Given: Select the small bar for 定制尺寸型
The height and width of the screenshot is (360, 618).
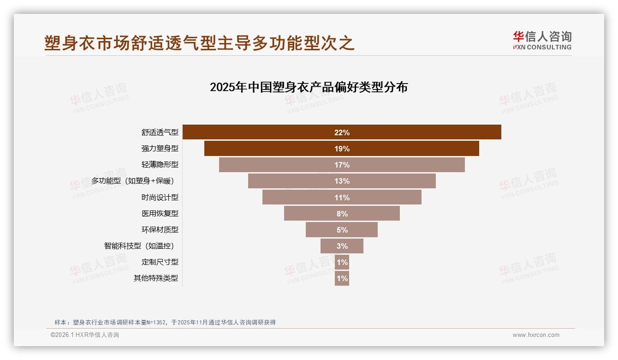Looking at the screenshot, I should [x=342, y=262].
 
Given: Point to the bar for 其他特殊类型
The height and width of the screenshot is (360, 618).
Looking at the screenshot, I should [x=342, y=278].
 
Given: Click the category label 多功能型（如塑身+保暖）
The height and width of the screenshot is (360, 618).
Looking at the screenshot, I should [x=134, y=181].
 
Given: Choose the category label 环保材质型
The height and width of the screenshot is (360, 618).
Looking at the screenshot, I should [x=160, y=230].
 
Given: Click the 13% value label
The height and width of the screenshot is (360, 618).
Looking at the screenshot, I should [x=342, y=181].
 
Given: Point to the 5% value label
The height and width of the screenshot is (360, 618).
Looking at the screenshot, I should [x=342, y=230].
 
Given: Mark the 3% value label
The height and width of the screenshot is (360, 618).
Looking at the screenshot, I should [x=342, y=246].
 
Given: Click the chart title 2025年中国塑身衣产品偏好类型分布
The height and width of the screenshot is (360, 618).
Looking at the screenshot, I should [x=309, y=87].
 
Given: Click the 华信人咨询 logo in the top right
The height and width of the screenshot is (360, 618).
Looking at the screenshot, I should [x=542, y=40].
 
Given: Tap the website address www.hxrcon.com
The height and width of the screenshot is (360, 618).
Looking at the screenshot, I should [x=536, y=335].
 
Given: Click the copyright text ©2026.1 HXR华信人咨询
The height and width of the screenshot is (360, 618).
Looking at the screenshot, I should [x=85, y=335].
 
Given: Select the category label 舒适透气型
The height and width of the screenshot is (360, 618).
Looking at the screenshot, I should [x=160, y=132].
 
